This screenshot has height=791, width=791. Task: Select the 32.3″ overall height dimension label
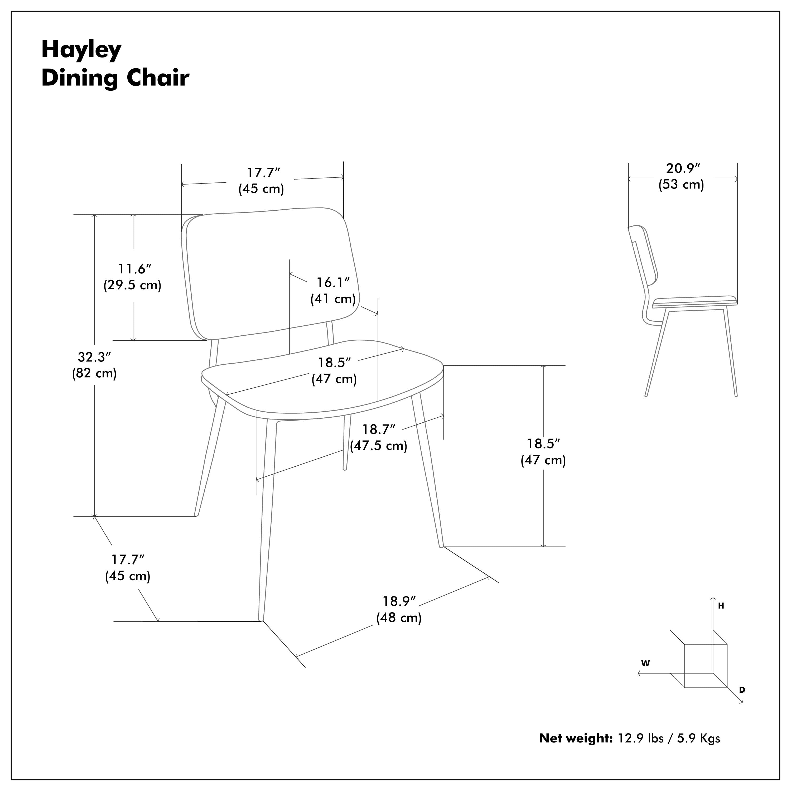pyautogui.click(x=95, y=358)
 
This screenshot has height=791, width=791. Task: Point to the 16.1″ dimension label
pyautogui.click(x=333, y=282)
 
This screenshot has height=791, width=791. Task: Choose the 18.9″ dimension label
pyautogui.click(x=399, y=601)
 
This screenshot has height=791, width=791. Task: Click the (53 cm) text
pyautogui.click(x=681, y=184)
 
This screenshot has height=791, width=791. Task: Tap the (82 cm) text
pyautogui.click(x=95, y=373)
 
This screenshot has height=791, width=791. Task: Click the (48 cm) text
pyautogui.click(x=399, y=618)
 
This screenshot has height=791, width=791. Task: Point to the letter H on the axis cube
pyautogui.click(x=721, y=606)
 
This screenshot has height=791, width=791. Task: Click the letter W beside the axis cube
pyautogui.click(x=646, y=664)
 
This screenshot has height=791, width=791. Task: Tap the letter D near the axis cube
pyautogui.click(x=742, y=690)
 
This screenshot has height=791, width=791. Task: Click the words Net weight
pyautogui.click(x=576, y=738)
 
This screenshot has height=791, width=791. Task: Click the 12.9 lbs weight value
pyautogui.click(x=641, y=738)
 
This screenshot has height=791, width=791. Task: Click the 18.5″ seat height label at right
pyautogui.click(x=543, y=444)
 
